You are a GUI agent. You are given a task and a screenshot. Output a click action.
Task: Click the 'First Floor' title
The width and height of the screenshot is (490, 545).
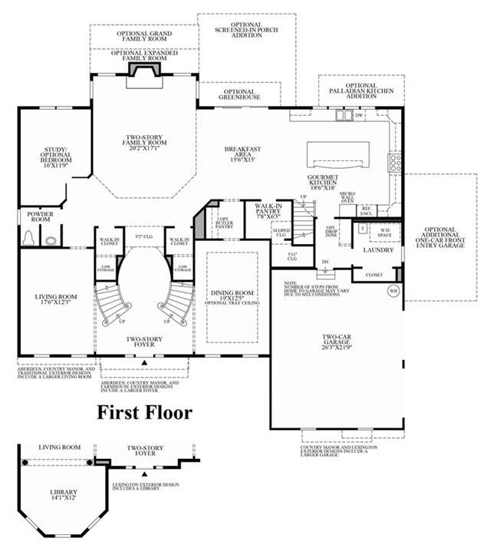[144, 412]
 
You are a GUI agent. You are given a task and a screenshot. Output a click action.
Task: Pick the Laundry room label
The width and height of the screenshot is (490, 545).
[378, 250]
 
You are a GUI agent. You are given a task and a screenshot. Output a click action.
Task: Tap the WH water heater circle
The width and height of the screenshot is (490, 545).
[393, 291]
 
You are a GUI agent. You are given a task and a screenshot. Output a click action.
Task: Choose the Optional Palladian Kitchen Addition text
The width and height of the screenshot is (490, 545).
[360, 90]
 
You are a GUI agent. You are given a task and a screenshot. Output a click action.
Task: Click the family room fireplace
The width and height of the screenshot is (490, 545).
[143, 69]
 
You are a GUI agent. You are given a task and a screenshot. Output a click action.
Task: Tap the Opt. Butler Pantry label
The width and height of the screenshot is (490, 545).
[224, 223]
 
